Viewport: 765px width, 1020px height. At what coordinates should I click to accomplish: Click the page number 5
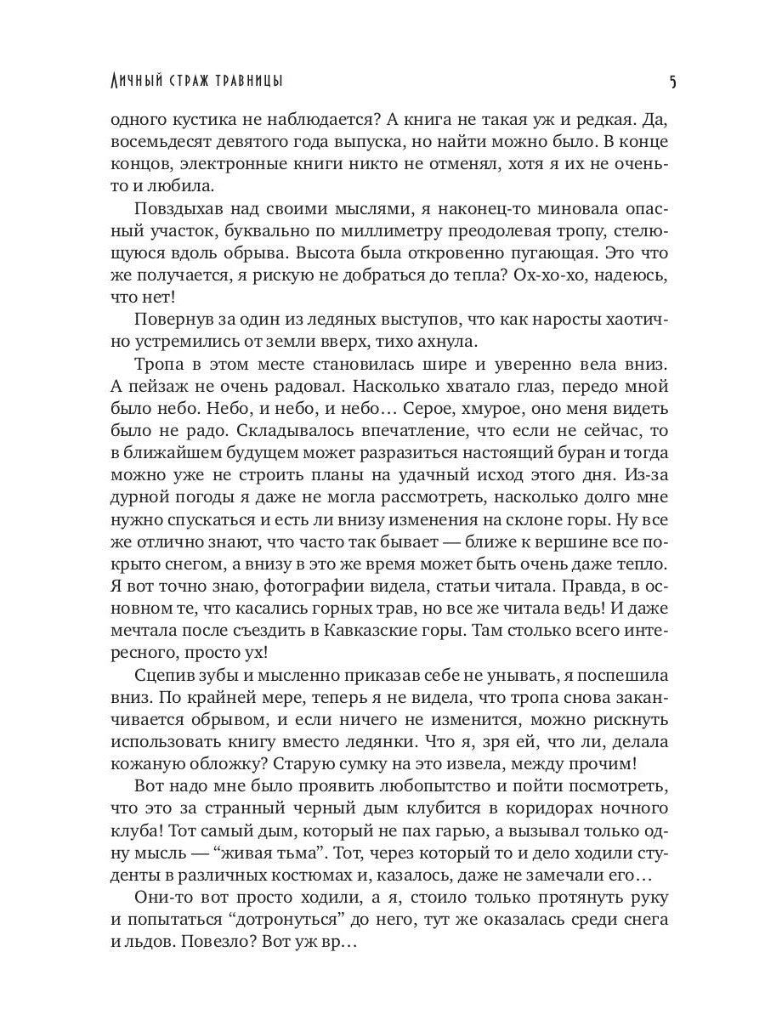point(672,82)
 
